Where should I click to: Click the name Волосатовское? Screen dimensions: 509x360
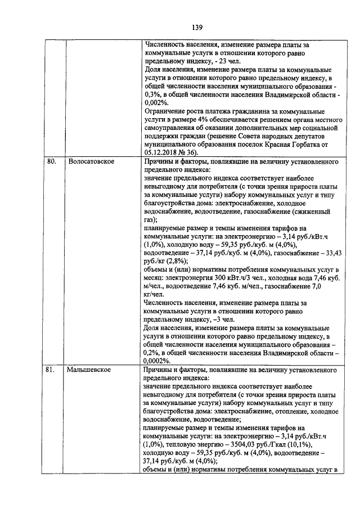(x=91, y=161)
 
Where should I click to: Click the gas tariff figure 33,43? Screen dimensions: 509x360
(x=326, y=253)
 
